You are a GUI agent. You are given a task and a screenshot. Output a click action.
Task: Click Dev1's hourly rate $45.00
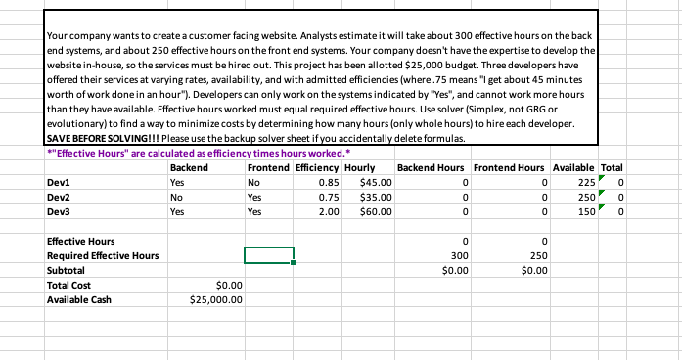coord(376,181)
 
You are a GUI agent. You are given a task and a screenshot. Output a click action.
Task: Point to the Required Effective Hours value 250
coord(534,255)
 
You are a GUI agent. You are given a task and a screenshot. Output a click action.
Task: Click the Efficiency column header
coord(317,167)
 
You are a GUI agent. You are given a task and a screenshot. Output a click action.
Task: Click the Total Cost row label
coord(69,285)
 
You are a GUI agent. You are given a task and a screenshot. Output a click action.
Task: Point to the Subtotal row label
coord(66,270)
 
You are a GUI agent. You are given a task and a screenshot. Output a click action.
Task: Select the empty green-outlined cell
coord(268,255)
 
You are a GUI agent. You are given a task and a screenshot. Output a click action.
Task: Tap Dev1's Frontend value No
coord(254,181)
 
